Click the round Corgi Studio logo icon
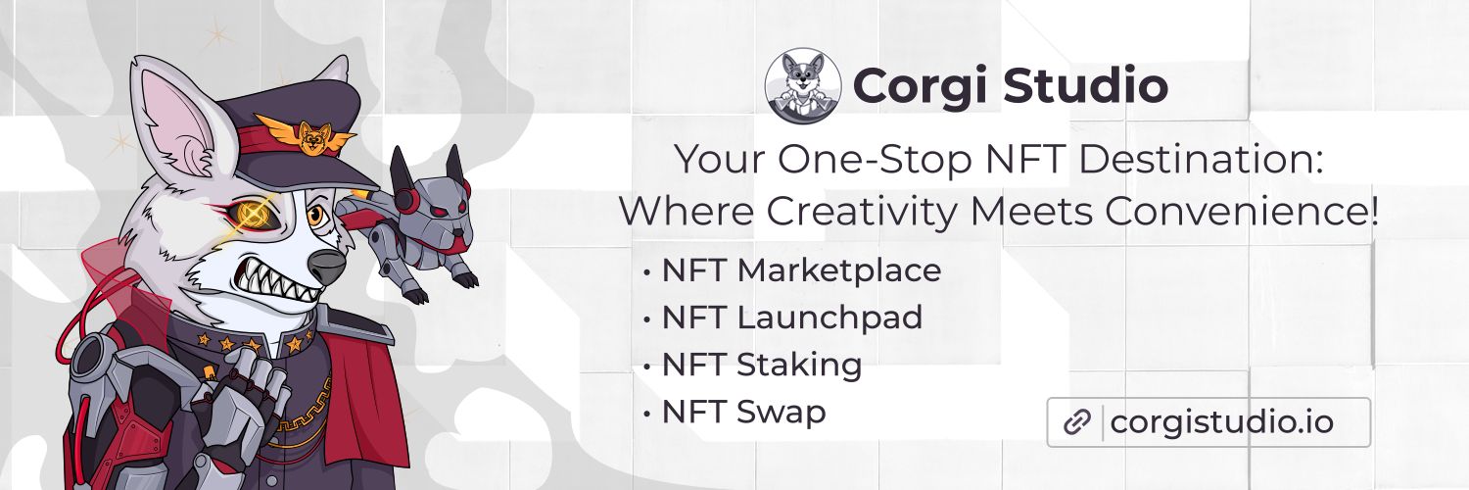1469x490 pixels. click(x=803, y=86)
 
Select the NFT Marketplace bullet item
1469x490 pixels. click(x=801, y=269)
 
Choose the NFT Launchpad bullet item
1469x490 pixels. click(x=791, y=318)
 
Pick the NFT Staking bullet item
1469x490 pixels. click(x=762, y=365)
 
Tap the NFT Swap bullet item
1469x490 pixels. click(x=743, y=412)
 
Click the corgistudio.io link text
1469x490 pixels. click(x=1221, y=422)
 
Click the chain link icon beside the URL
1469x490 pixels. click(x=1076, y=422)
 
